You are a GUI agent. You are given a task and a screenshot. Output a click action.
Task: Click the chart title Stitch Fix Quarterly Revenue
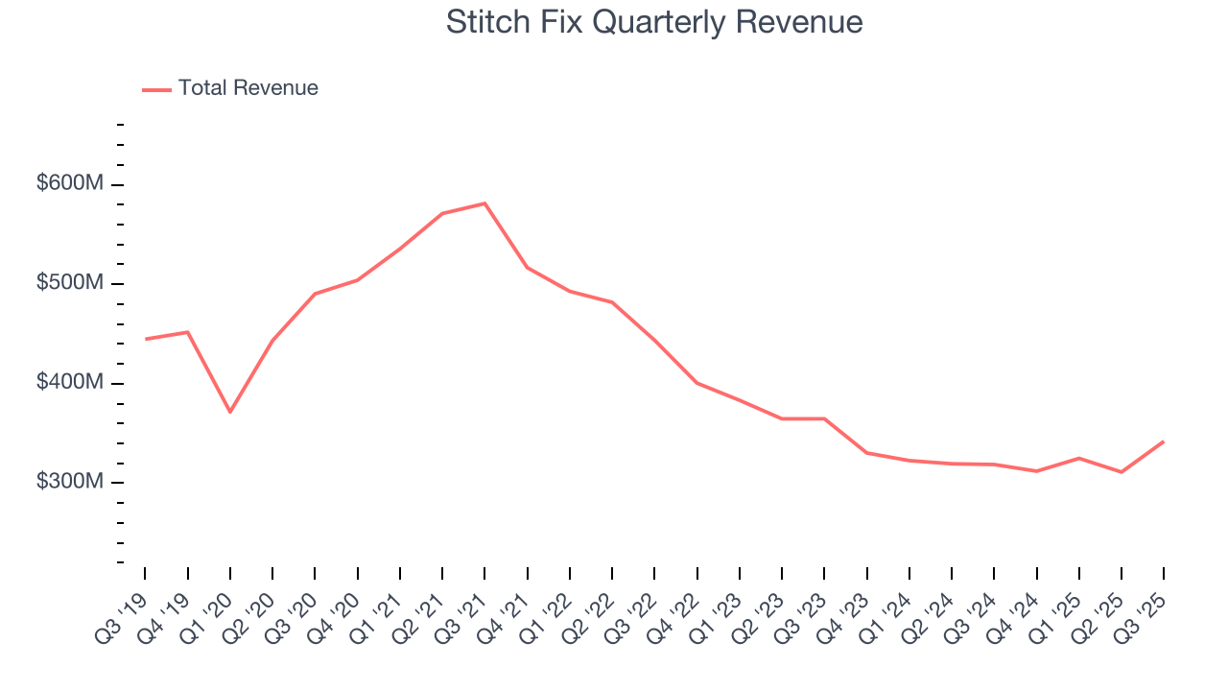pyautogui.click(x=654, y=22)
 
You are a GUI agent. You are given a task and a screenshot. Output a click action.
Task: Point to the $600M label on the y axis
pyautogui.click(x=69, y=183)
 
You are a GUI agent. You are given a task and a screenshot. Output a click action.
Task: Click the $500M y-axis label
pyautogui.click(x=69, y=283)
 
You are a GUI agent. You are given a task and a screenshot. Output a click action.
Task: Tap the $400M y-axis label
pyautogui.click(x=69, y=382)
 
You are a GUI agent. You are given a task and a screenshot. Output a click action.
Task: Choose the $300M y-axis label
pyautogui.click(x=69, y=481)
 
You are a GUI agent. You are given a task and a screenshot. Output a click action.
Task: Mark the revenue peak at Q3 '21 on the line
pyautogui.click(x=484, y=203)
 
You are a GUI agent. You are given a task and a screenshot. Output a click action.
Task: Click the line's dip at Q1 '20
pyautogui.click(x=230, y=412)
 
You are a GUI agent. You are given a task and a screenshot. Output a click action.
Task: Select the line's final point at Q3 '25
pyautogui.click(x=1163, y=441)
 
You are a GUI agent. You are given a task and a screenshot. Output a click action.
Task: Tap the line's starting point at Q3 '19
pyautogui.click(x=146, y=339)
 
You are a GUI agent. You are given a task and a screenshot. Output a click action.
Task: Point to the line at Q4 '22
pyautogui.click(x=697, y=383)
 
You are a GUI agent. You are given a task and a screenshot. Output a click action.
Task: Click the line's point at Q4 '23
pyautogui.click(x=866, y=452)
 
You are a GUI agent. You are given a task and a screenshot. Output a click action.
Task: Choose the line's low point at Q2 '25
pyautogui.click(x=1121, y=471)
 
